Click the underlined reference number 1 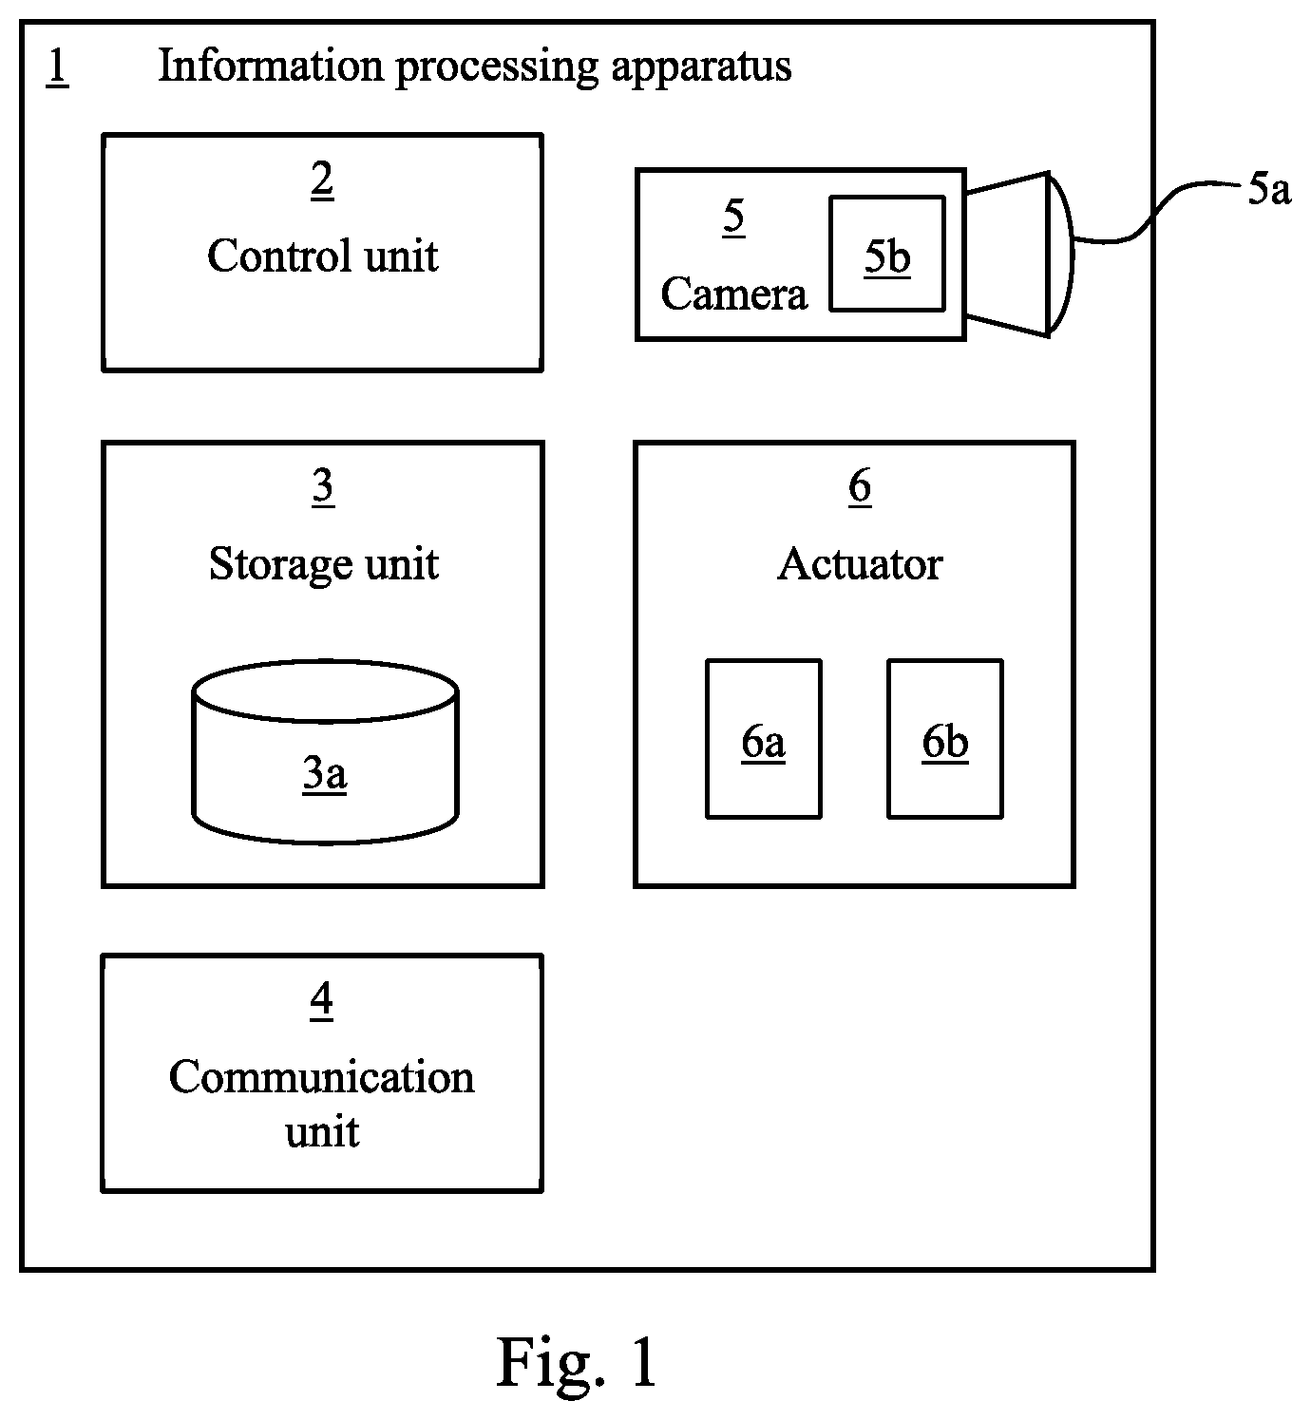(57, 67)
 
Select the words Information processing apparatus (474, 67)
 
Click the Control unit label (323, 256)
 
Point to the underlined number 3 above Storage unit (323, 487)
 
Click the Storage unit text (323, 565)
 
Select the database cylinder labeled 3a (326, 752)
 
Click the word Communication (322, 1077)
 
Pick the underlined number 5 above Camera (733, 217)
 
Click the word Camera (733, 293)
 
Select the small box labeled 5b (887, 254)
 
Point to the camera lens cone (1020, 254)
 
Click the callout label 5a (1269, 189)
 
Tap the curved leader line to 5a (1156, 213)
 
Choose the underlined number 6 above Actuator (860, 487)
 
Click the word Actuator (860, 565)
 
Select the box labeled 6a (764, 739)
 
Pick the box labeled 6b (945, 739)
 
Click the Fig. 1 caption (577, 1363)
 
